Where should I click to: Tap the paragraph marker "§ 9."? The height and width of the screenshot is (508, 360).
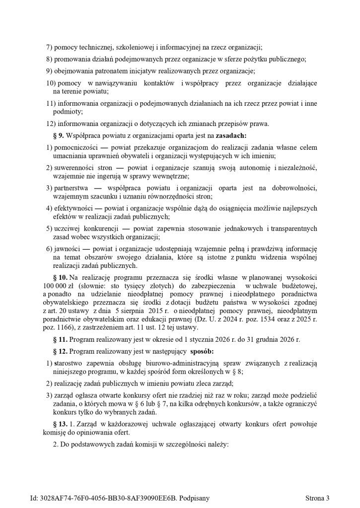pos(59,135)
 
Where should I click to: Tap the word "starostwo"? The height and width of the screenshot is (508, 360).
pos(68,365)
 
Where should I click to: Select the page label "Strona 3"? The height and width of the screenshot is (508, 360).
pos(317,498)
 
